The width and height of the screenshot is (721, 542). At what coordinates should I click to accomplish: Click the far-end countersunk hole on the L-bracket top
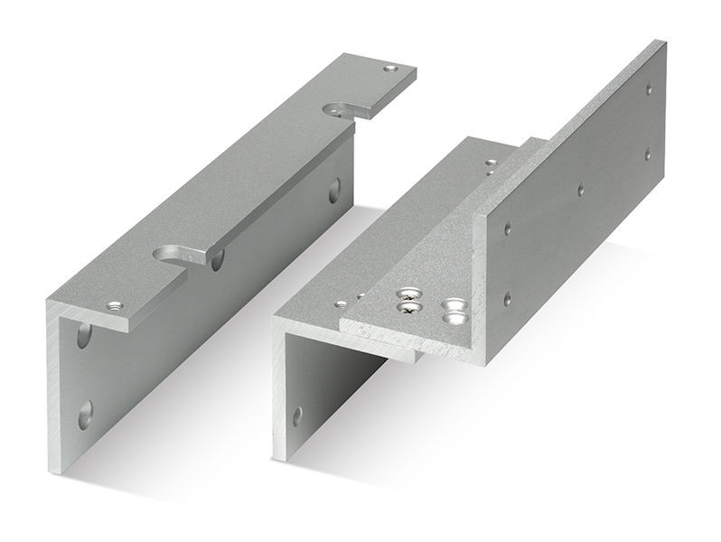(x=389, y=69)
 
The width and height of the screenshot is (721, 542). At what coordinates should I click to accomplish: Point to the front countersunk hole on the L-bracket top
(x=115, y=306)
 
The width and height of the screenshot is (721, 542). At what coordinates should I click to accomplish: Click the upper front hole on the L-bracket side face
(x=84, y=336)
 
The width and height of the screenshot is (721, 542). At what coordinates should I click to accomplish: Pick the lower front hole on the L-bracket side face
(x=84, y=415)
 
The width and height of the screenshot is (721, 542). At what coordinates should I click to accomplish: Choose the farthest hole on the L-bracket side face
(x=335, y=189)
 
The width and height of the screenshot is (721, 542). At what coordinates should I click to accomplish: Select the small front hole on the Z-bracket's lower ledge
(x=342, y=304)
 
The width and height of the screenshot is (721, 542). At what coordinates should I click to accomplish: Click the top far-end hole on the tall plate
(x=649, y=89)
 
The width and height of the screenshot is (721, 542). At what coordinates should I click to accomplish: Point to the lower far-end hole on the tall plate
(x=647, y=154)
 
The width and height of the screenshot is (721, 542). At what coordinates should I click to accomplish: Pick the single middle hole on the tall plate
(x=580, y=191)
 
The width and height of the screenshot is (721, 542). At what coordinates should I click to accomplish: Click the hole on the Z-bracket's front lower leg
(x=296, y=416)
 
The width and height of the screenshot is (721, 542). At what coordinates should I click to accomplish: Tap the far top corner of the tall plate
(x=664, y=41)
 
